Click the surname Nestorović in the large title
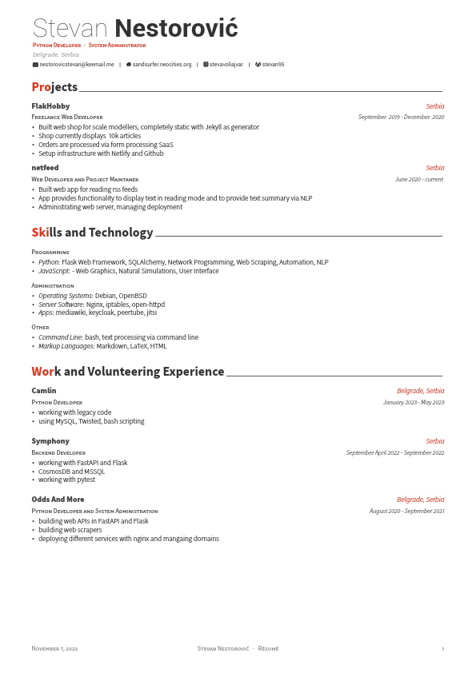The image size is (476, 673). pyautogui.click(x=176, y=29)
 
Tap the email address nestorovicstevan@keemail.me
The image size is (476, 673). pyautogui.click(x=77, y=64)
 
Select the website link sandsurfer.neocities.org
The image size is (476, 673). pyautogui.click(x=162, y=64)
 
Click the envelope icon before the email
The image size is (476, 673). pyautogui.click(x=35, y=64)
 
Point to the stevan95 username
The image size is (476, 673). pyautogui.click(x=273, y=64)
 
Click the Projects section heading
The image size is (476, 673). pyautogui.click(x=54, y=87)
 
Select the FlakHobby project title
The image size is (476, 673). pyautogui.click(x=50, y=106)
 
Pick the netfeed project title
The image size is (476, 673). pyautogui.click(x=45, y=168)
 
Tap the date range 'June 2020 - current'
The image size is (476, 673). pyautogui.click(x=419, y=180)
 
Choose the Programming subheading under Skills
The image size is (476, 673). pyautogui.click(x=50, y=252)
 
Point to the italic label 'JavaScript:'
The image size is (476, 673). pyautogui.click(x=54, y=271)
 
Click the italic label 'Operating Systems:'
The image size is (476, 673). pyautogui.click(x=66, y=296)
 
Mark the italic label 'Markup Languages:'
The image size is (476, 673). pyautogui.click(x=66, y=346)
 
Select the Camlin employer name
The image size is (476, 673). pyautogui.click(x=44, y=391)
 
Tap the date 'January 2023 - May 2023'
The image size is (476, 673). pyautogui.click(x=413, y=402)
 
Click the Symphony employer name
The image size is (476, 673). pyautogui.click(x=50, y=441)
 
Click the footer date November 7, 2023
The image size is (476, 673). pyautogui.click(x=54, y=648)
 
